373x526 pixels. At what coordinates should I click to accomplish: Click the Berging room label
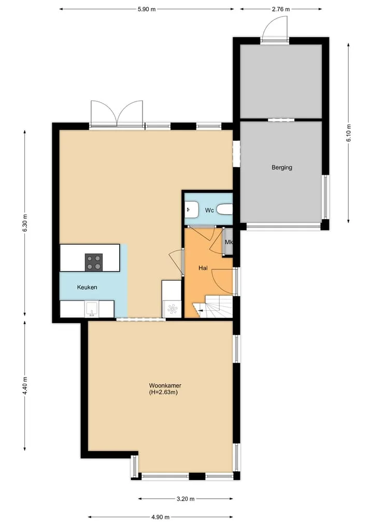coord(282,168)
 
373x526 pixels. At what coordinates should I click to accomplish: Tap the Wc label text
coord(209,211)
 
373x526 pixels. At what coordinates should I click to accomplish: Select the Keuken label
coord(87,287)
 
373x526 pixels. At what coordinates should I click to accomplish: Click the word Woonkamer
coord(165,386)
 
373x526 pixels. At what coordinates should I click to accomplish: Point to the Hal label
coord(203,268)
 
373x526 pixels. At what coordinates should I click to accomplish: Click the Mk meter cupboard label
coord(229,242)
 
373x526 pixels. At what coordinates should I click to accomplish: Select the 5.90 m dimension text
coord(147,9)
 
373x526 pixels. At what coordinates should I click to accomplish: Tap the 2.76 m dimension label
coord(281,9)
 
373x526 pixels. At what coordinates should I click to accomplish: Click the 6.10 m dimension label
coord(349,133)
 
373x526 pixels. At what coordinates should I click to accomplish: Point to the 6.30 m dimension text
coord(25,223)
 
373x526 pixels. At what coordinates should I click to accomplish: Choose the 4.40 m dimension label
coord(25,386)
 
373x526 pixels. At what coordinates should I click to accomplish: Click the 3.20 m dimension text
coord(185,499)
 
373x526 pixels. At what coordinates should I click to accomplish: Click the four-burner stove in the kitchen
coord(94,262)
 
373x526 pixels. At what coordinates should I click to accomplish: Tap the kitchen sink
coord(91,309)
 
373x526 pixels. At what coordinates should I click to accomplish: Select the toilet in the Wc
coord(224,209)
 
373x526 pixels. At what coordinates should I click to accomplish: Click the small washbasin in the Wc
coord(191,209)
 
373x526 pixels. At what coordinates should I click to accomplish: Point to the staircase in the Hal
coord(212,306)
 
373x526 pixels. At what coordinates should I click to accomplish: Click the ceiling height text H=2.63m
coord(163,392)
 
